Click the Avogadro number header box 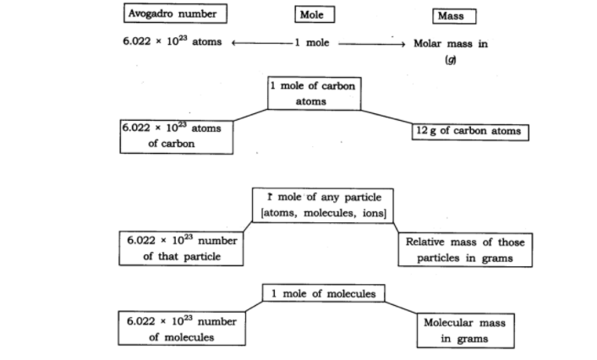pos(176,14)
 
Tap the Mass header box pos(453,16)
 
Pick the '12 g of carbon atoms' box pos(470,132)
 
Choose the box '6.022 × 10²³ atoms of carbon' pos(177,137)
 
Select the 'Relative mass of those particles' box pos(465,249)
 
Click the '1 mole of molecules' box pos(324,293)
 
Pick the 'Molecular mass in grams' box pos(465,330)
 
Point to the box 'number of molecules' pos(181,329)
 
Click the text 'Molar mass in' pos(450,44)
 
